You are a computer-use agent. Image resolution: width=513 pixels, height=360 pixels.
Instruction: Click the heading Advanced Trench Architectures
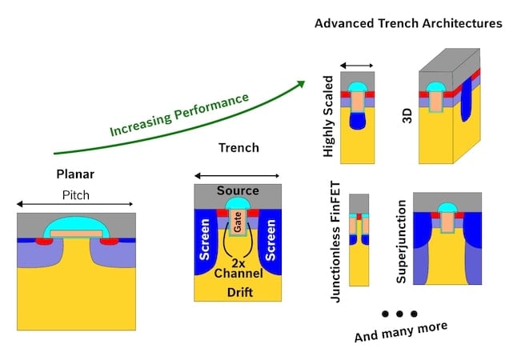408,23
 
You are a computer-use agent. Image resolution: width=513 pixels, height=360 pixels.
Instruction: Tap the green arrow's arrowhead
303,82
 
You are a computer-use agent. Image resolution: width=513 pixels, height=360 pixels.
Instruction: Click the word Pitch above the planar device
77,195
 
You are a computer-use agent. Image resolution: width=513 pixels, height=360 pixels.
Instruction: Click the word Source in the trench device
238,191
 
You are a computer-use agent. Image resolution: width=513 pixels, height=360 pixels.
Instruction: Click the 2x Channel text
238,268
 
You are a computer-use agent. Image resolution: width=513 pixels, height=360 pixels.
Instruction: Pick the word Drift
238,292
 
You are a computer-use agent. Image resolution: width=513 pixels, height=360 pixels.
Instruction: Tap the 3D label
405,117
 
